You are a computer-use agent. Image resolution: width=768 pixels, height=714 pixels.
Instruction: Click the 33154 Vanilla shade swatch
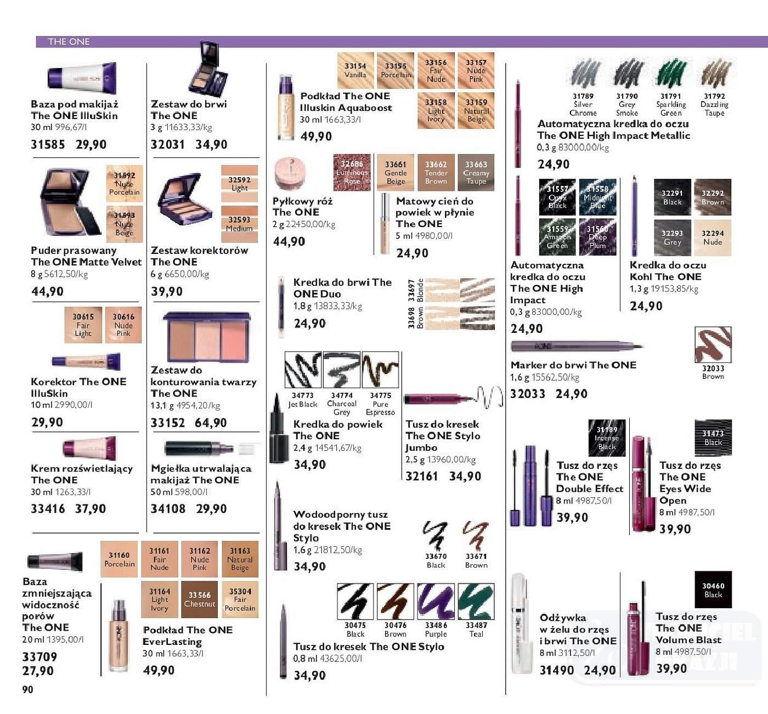click(355, 70)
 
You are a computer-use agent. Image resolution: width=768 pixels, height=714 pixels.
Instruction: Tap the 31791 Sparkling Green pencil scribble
click(671, 73)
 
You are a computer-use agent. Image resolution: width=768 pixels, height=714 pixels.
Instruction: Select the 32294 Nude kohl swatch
click(713, 237)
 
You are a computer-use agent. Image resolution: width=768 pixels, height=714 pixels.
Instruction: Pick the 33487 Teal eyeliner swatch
click(476, 602)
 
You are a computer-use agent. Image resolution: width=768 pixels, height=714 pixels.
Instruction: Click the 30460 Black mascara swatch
click(713, 590)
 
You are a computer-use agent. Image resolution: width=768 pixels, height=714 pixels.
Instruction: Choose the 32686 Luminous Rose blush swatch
click(352, 172)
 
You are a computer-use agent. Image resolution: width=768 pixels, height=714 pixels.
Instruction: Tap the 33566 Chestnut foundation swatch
click(200, 600)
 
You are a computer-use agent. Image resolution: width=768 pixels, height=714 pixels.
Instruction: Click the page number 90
click(27, 689)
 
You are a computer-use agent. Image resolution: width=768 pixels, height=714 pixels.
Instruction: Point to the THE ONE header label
click(69, 42)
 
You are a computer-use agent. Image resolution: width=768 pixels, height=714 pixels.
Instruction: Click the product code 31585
click(48, 145)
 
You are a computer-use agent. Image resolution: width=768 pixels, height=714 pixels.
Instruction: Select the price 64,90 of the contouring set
click(211, 423)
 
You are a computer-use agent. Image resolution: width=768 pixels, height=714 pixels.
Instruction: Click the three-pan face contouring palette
click(207, 337)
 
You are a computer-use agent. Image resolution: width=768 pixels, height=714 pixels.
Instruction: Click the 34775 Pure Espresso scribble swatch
click(380, 370)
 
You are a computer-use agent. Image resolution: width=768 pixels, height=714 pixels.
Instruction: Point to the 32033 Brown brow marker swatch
click(713, 345)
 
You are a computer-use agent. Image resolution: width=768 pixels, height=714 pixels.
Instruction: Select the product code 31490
click(557, 670)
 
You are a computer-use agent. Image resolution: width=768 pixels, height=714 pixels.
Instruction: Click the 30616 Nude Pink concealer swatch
click(123, 325)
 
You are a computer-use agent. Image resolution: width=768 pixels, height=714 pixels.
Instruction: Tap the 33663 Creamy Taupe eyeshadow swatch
click(476, 172)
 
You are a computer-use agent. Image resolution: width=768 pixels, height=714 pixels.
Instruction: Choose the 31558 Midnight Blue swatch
click(597, 197)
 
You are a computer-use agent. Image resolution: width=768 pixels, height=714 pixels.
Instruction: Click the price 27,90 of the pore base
click(38, 671)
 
